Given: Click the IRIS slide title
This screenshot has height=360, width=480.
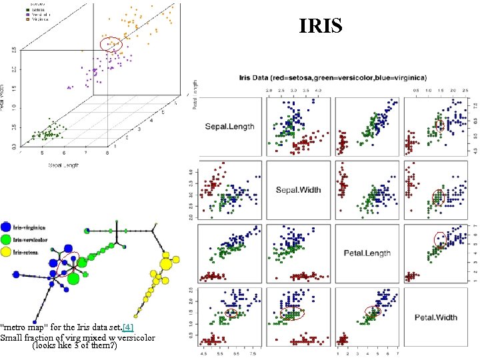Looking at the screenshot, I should point(321,25).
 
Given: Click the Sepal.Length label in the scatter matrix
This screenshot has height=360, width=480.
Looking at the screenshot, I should point(229,127).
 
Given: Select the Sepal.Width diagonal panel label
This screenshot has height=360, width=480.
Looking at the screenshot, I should point(298,190).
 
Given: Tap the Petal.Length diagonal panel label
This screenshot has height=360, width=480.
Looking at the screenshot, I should point(367,253).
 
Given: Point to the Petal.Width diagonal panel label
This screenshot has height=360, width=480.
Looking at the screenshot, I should point(436,317).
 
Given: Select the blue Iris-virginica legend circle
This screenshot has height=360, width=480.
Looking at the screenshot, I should point(6,227).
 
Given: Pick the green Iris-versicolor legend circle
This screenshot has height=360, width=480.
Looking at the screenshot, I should point(6,240).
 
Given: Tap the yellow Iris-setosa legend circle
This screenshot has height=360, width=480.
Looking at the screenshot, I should point(6,253).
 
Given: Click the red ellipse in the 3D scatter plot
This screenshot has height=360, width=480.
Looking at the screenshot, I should point(111,44).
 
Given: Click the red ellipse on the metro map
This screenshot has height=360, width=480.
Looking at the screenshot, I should point(70,262).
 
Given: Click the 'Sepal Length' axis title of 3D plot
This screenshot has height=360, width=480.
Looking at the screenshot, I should point(62,163).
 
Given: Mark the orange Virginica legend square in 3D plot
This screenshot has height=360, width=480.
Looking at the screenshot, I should point(27,19).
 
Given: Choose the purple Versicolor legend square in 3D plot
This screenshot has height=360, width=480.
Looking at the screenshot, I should point(27,14).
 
